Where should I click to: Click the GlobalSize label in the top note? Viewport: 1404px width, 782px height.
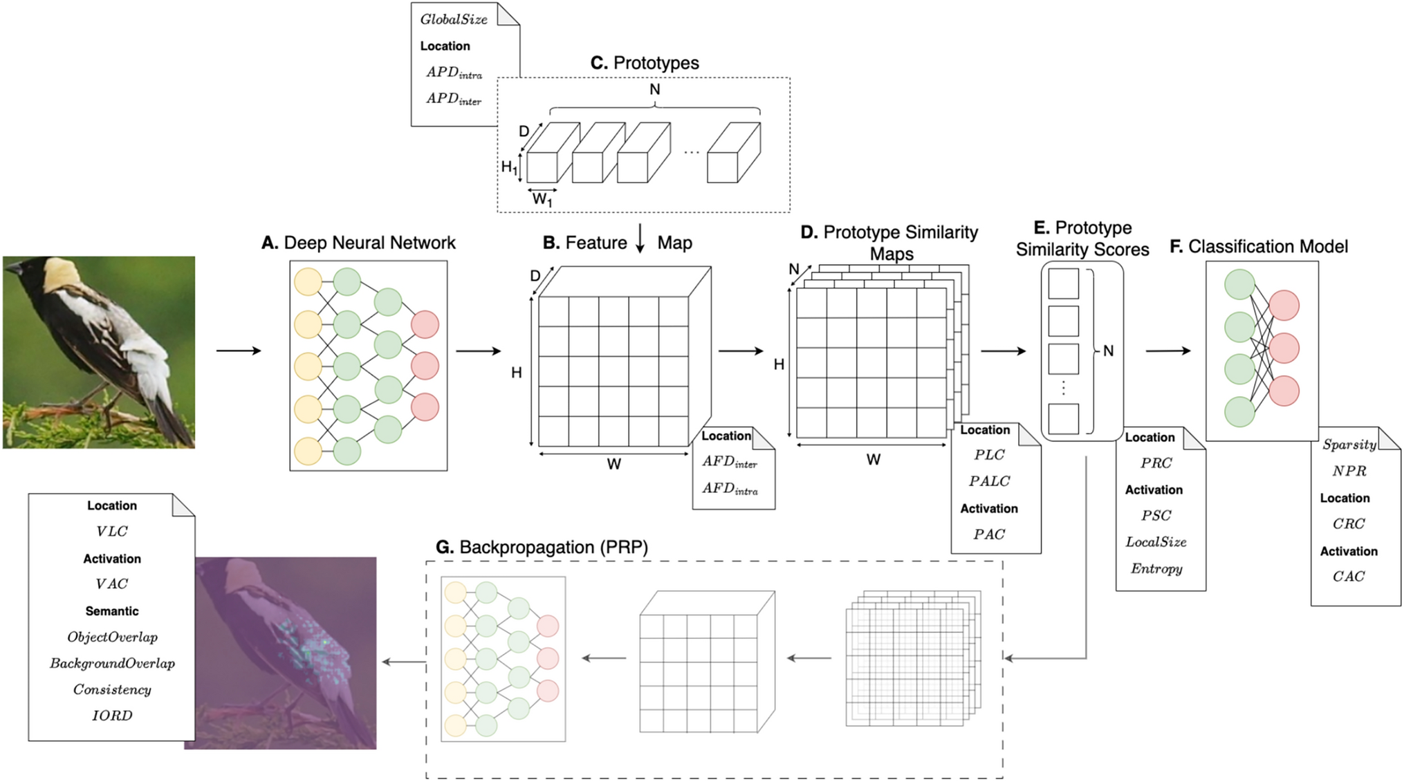tap(454, 19)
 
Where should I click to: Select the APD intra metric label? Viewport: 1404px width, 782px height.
tap(454, 73)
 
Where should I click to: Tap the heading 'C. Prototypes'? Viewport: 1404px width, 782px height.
tap(645, 63)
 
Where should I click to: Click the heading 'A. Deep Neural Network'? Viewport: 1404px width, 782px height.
tap(358, 243)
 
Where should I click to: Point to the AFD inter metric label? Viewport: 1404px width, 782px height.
tap(730, 462)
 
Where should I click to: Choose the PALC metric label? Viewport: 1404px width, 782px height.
tap(989, 481)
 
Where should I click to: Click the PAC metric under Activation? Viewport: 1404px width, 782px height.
tap(989, 534)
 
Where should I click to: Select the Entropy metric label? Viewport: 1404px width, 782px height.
tap(1156, 569)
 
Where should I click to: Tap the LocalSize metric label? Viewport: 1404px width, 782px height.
tap(1156, 542)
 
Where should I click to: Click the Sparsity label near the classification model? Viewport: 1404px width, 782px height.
tap(1349, 445)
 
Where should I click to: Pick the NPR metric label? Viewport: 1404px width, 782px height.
tap(1349, 472)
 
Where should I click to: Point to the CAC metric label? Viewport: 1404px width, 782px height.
tap(1349, 577)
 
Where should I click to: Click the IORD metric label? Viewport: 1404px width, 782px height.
tap(112, 716)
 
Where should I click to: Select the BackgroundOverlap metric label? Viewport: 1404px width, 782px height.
tap(112, 664)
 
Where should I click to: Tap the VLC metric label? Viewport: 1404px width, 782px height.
tap(112, 532)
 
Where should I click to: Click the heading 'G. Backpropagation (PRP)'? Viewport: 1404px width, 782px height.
tap(542, 548)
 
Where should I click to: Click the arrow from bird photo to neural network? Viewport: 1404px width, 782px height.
tap(239, 351)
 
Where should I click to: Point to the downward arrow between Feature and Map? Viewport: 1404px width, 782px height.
tap(640, 239)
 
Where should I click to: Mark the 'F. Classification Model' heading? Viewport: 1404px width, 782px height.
tap(1258, 247)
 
